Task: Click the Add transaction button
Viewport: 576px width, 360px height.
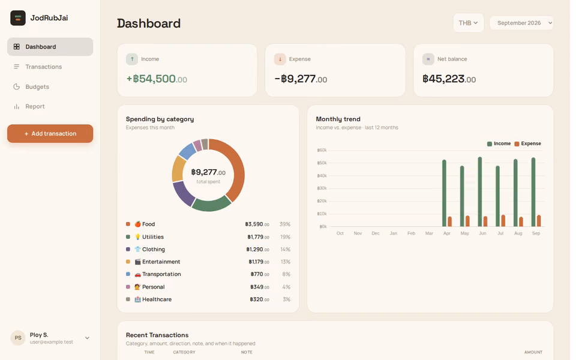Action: (x=50, y=133)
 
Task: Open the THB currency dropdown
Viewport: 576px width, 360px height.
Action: (x=469, y=23)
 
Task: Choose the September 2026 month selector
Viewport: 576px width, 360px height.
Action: (x=521, y=23)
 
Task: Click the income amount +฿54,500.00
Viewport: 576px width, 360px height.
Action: (x=157, y=79)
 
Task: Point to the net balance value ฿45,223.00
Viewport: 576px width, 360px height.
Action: (x=449, y=79)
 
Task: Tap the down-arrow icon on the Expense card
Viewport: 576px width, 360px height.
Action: (x=280, y=59)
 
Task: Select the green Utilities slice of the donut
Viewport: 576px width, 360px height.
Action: (x=211, y=204)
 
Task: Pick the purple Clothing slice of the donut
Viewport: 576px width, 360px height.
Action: (x=182, y=193)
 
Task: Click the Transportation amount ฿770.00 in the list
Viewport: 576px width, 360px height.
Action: (x=260, y=274)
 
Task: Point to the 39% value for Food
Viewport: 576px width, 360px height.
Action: (x=284, y=224)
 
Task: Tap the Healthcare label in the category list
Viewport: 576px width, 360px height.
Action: (x=157, y=299)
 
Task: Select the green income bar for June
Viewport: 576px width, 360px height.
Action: (x=480, y=192)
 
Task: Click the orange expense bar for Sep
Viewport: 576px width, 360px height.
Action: (x=539, y=221)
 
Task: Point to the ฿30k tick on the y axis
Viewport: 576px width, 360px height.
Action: (x=322, y=188)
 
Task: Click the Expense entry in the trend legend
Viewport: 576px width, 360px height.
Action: (x=527, y=143)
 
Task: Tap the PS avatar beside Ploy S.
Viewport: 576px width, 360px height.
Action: (x=18, y=338)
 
